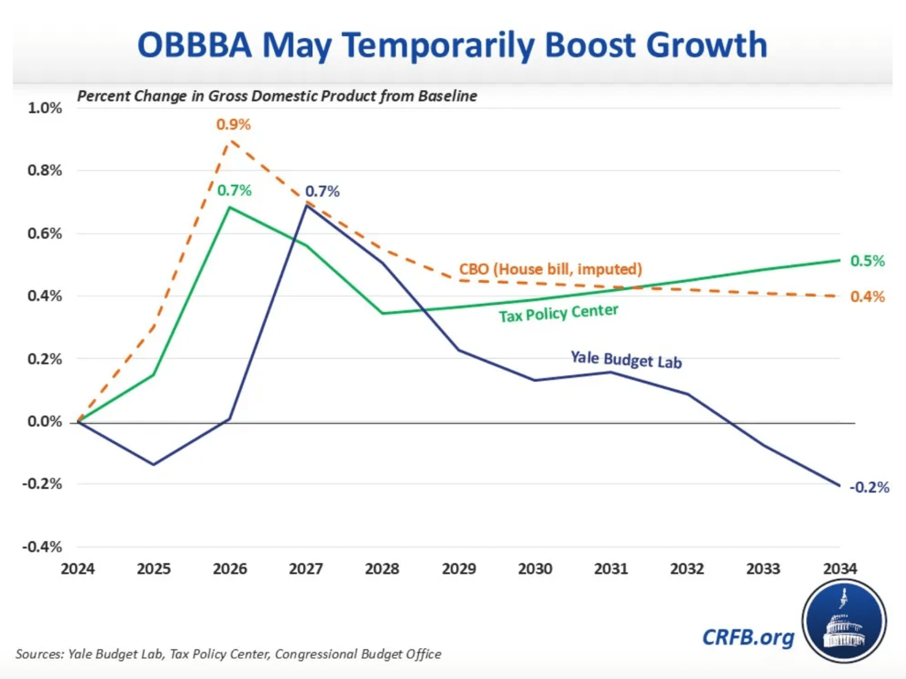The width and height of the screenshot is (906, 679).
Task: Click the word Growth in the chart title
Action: point(707,45)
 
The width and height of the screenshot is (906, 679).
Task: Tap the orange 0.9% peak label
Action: point(233,125)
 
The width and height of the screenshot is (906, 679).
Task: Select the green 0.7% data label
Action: point(234,190)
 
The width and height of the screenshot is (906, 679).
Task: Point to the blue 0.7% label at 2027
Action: point(322,191)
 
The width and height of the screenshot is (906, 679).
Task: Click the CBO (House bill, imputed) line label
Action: point(550,269)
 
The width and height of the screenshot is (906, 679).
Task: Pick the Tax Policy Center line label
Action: point(558,313)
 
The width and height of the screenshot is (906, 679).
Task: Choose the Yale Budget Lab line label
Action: point(626,359)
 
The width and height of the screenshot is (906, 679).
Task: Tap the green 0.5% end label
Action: point(867,261)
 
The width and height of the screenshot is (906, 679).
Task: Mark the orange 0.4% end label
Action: point(867,296)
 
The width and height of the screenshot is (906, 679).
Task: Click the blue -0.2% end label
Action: point(869,487)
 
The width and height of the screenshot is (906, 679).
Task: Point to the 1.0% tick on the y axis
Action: point(45,108)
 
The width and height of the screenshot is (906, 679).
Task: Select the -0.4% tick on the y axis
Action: point(42,547)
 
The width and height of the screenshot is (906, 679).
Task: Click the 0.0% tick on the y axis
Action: point(45,422)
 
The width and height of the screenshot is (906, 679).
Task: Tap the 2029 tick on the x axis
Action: point(458,569)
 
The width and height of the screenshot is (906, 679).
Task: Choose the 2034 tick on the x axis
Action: point(840,569)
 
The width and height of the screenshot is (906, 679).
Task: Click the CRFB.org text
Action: point(748,637)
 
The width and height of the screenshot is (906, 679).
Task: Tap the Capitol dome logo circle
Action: point(844,621)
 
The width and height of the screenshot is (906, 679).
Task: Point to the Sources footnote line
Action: point(228,654)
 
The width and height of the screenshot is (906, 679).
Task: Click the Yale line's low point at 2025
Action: point(154,464)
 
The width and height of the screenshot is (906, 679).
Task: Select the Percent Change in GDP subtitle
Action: point(277,96)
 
